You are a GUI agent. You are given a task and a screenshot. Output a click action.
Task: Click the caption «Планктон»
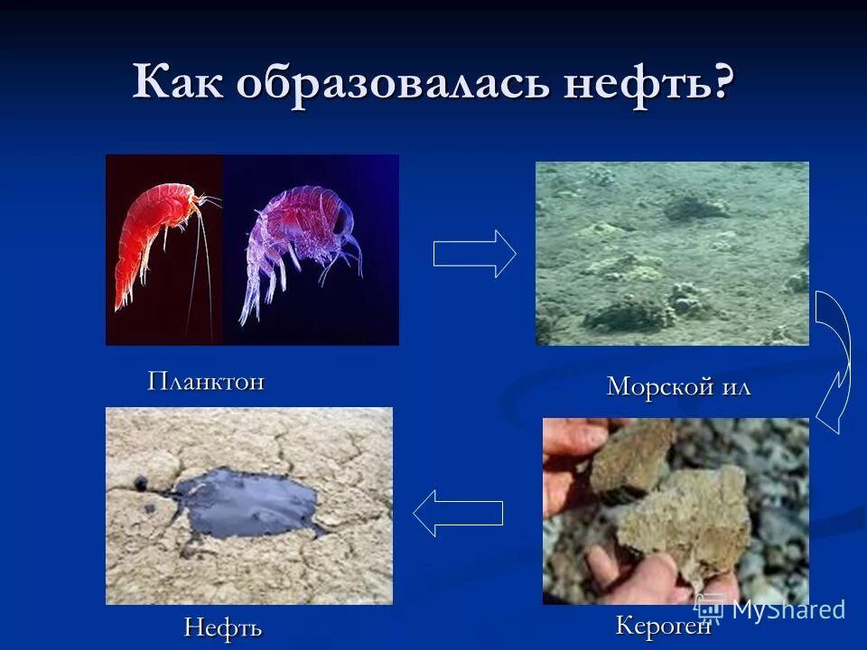(206, 381)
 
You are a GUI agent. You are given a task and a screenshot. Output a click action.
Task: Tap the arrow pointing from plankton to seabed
(474, 254)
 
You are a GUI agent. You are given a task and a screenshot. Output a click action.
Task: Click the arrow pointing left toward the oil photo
(458, 513)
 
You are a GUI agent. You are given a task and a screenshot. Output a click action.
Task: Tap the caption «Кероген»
(663, 626)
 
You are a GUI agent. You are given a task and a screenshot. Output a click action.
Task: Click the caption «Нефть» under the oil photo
(223, 627)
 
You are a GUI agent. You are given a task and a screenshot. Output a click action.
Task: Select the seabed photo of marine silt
(672, 253)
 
